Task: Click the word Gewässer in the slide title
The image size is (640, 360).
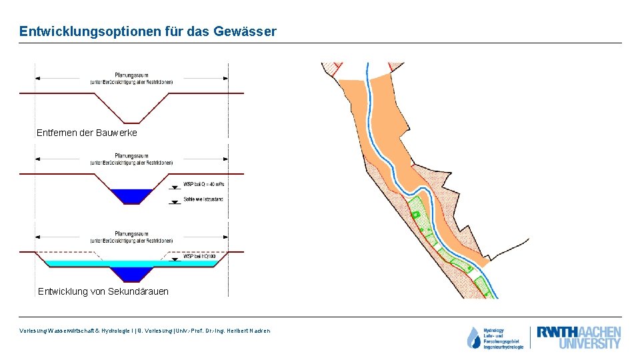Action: pyautogui.click(x=246, y=31)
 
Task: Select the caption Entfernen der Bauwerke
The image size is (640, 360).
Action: pyautogui.click(x=87, y=133)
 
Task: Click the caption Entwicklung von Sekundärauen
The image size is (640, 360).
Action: pyautogui.click(x=103, y=291)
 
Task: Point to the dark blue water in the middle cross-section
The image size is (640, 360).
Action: pyautogui.click(x=131, y=196)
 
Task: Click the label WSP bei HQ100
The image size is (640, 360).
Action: pyautogui.click(x=199, y=256)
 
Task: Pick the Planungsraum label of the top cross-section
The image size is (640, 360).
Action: pyautogui.click(x=131, y=75)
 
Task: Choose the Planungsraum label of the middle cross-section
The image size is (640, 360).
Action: pyautogui.click(x=131, y=156)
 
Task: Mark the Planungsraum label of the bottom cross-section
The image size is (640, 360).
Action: pyautogui.click(x=131, y=234)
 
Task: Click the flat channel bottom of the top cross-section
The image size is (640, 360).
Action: pyautogui.click(x=132, y=123)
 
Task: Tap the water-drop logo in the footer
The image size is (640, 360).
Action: pyautogui.click(x=473, y=338)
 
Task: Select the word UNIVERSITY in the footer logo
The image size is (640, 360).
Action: pyautogui.click(x=589, y=344)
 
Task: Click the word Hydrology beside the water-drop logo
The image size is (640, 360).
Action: pyautogui.click(x=494, y=330)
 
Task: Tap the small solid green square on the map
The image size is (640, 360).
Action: pyautogui.click(x=415, y=214)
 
